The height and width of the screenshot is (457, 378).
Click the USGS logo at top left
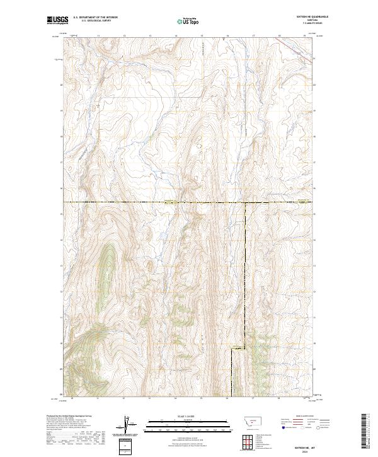coord(57,20)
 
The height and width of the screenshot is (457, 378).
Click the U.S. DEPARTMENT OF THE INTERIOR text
coord(95,18)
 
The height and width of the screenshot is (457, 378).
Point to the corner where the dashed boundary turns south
coord(244,202)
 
